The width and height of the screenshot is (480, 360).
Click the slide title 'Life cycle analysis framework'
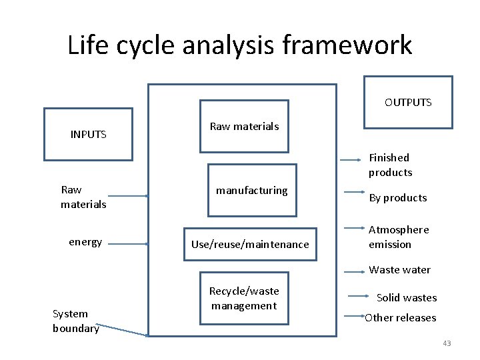point(240,45)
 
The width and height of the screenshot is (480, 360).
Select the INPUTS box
point(88,135)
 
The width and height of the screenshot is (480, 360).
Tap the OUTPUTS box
point(408,102)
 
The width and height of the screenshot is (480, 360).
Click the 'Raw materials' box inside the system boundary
point(244,126)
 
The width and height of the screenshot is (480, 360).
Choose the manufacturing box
point(251,190)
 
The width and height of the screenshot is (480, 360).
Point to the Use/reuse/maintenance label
point(250,244)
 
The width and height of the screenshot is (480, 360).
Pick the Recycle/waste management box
point(244,298)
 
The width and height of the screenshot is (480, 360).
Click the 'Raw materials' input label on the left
point(83,197)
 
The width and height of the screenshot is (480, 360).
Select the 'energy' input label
point(85,242)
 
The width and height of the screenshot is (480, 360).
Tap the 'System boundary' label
point(75,321)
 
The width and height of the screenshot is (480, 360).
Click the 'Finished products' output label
point(391,165)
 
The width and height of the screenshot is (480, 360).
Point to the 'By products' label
point(398,197)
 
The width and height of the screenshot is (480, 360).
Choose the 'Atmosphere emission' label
point(399,237)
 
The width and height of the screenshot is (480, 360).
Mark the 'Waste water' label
point(399,269)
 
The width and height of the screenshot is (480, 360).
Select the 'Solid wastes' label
point(407,297)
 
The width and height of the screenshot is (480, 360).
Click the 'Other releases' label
point(400,317)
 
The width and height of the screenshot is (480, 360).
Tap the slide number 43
point(447,343)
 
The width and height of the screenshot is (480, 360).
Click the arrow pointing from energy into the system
point(127,244)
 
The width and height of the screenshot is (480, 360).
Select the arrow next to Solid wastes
point(359,296)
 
